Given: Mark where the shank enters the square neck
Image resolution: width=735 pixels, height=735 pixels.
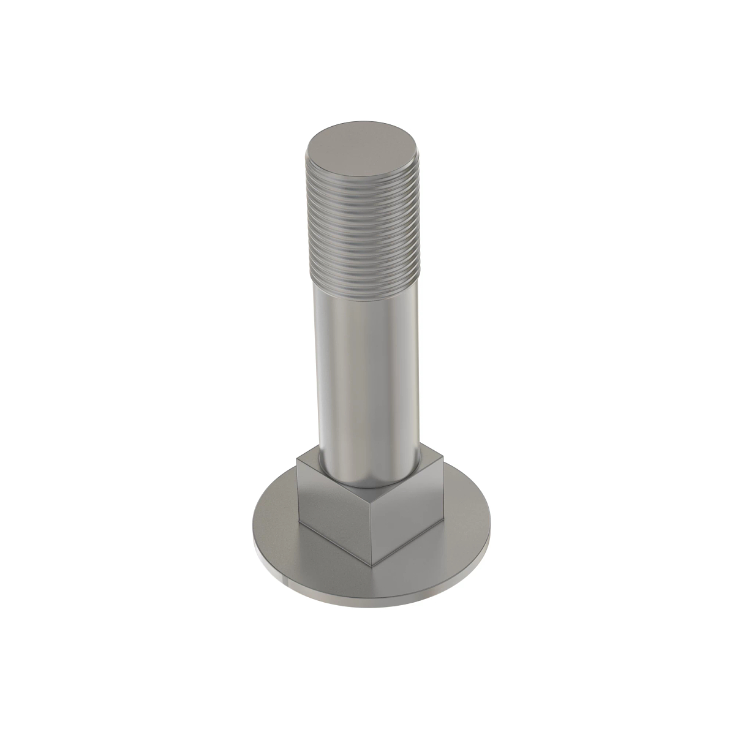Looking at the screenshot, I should click(x=367, y=481).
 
